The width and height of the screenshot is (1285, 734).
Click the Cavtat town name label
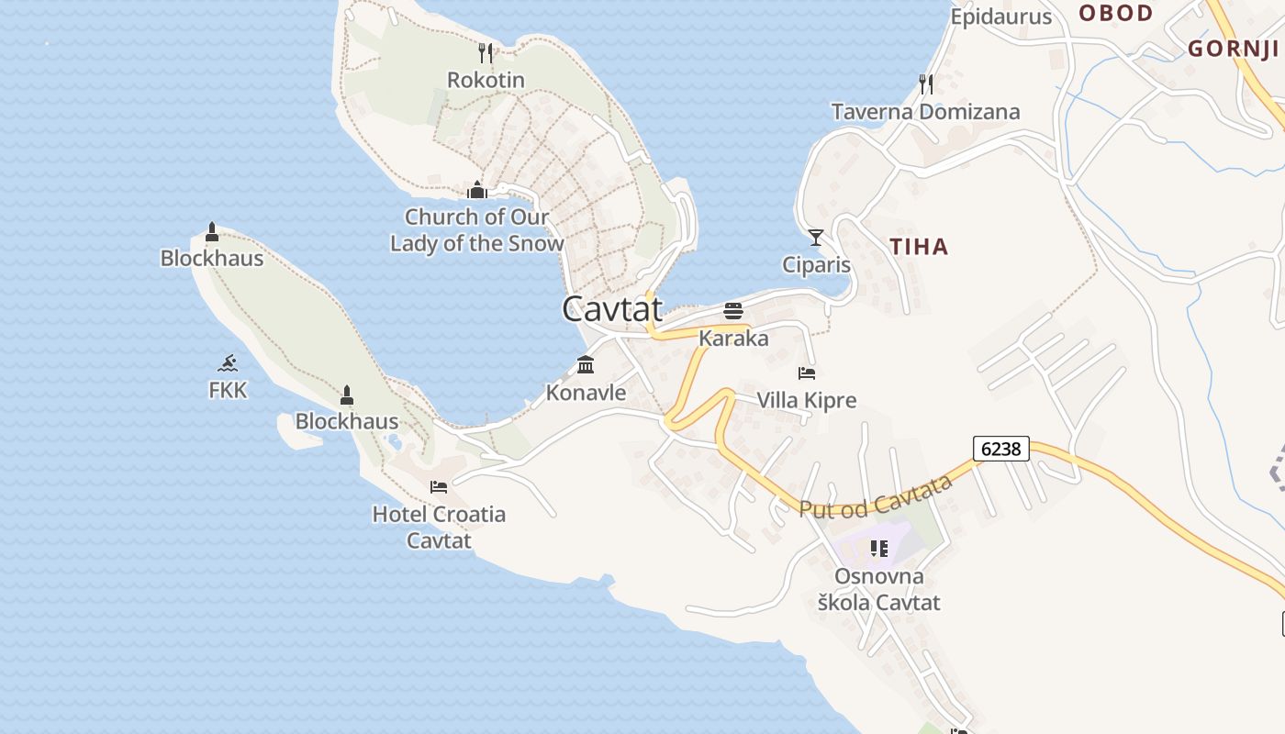[x=612, y=309]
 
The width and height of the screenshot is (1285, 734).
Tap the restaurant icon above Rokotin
[x=486, y=53]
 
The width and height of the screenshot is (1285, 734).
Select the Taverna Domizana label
[x=925, y=112]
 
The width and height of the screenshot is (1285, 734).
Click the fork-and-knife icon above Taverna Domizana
[x=926, y=84]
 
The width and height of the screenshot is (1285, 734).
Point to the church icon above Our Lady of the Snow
[x=476, y=191]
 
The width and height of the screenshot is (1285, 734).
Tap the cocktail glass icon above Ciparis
[x=816, y=238]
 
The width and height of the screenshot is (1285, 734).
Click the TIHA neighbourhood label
[x=919, y=246]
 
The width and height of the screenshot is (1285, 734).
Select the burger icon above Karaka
[x=732, y=311]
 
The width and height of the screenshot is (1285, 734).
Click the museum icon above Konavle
[x=586, y=365]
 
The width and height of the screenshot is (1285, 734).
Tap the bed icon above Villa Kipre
[x=807, y=373]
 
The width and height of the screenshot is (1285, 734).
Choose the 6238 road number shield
[x=1000, y=449]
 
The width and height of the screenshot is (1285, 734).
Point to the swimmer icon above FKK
[x=228, y=363]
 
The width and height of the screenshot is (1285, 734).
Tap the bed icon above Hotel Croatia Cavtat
[x=439, y=486]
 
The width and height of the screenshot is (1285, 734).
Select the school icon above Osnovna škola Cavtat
[x=879, y=549]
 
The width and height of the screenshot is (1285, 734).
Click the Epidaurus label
[x=1000, y=17]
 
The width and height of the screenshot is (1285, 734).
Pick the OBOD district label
[x=1115, y=13]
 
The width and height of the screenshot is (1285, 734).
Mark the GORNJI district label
[x=1233, y=49]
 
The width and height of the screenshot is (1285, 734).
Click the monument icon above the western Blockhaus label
[x=212, y=231]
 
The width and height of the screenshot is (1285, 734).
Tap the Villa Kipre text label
[x=807, y=400]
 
